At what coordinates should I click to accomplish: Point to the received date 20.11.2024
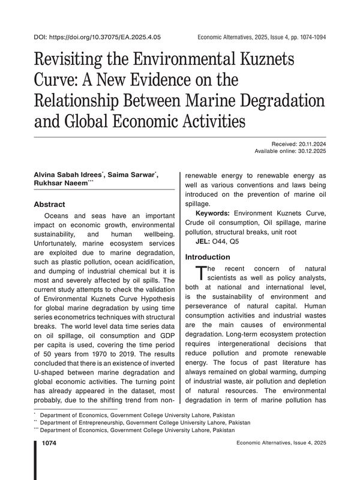tap(310, 144)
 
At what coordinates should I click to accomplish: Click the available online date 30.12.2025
tap(310, 152)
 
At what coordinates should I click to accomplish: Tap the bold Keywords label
tap(213, 214)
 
